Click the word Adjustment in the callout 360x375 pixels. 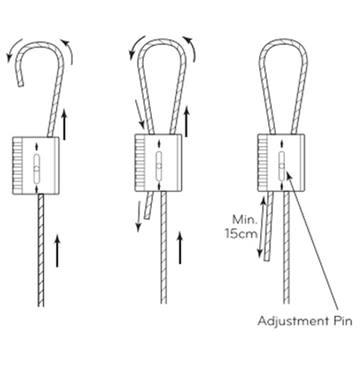(294, 322)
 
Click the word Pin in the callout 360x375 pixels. (343, 321)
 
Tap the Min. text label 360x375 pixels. (245, 220)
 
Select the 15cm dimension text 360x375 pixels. (241, 234)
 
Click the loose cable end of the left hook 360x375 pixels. (20, 83)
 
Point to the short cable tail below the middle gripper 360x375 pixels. (149, 205)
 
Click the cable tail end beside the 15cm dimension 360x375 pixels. (267, 258)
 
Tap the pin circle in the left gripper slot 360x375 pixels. (37, 168)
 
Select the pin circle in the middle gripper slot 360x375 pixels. (158, 166)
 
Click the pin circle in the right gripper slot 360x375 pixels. (282, 166)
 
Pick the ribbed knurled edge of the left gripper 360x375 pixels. (17, 166)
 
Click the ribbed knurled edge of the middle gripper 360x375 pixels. (140, 163)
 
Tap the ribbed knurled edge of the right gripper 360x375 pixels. (263, 163)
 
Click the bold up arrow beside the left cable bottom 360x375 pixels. (57, 250)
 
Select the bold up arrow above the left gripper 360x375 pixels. (64, 125)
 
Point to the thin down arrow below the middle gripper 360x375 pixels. (138, 217)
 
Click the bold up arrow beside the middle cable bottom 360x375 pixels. (180, 248)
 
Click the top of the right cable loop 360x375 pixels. (283, 42)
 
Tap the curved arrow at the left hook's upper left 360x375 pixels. (12, 48)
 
